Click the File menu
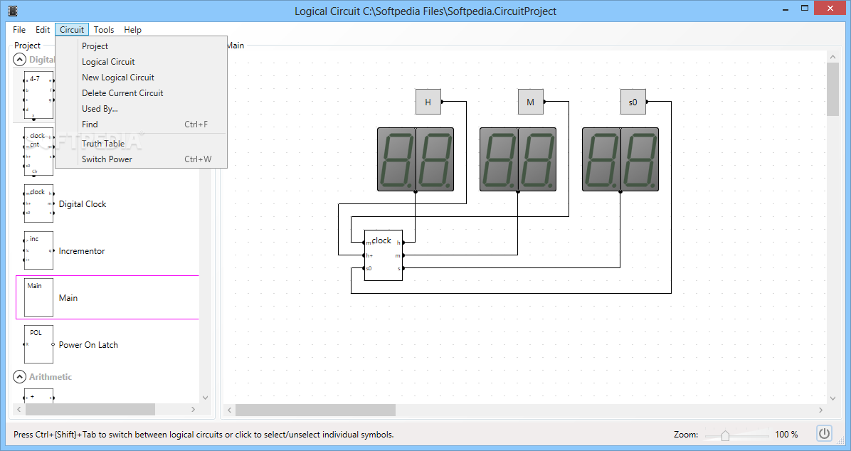click(x=19, y=30)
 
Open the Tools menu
click(x=104, y=30)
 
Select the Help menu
click(x=132, y=30)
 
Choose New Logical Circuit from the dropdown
click(x=118, y=78)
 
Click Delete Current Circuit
click(x=122, y=93)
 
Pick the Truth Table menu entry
click(x=103, y=144)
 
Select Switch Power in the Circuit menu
click(x=107, y=159)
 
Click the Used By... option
click(x=100, y=109)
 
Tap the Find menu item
click(x=90, y=124)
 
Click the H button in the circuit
click(x=428, y=102)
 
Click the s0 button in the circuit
click(x=633, y=102)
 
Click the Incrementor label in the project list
click(x=82, y=251)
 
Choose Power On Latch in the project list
click(x=88, y=345)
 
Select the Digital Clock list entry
click(x=83, y=204)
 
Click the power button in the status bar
click(x=825, y=433)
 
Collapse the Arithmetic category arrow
click(x=19, y=376)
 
